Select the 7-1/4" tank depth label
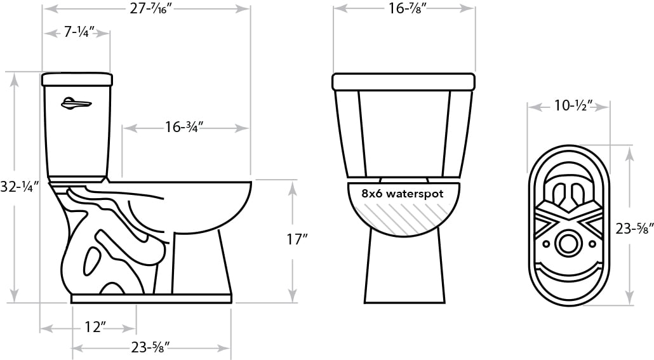point(79,32)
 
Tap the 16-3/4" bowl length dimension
point(184,127)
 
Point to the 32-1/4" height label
point(20,187)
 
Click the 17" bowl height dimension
point(297,239)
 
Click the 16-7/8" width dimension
point(404,8)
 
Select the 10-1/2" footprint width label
point(573,106)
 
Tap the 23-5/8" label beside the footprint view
point(634,228)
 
